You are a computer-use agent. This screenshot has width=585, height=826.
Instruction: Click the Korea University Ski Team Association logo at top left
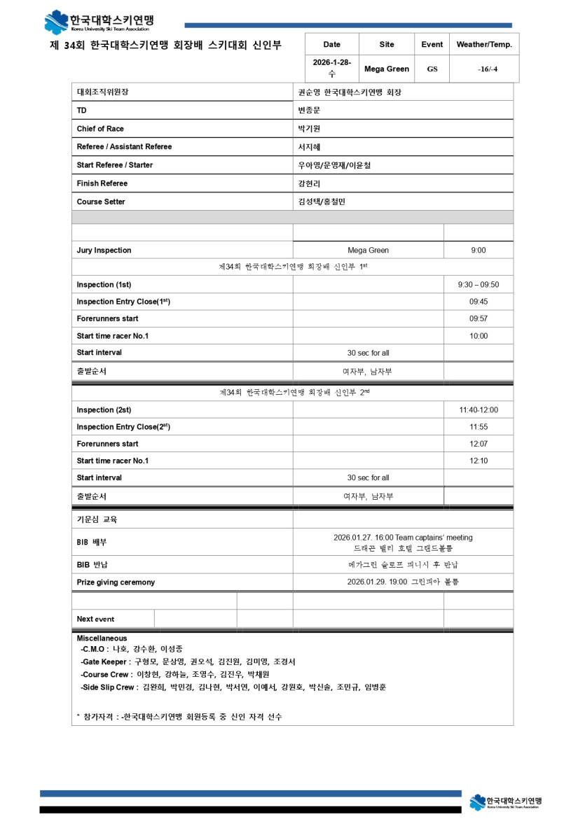click(99, 22)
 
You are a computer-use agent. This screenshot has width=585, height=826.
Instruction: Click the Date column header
click(332, 44)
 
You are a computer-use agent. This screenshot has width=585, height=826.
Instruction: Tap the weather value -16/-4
click(483, 69)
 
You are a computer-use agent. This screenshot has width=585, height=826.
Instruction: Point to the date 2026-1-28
click(331, 63)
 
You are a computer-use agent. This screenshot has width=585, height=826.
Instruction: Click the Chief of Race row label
click(100, 129)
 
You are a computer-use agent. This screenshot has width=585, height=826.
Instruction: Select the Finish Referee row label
click(102, 183)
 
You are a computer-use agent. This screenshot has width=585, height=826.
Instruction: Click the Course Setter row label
click(101, 202)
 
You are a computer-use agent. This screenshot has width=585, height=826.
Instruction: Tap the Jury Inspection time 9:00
click(479, 250)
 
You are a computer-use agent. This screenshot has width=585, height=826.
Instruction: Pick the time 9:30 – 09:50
click(479, 285)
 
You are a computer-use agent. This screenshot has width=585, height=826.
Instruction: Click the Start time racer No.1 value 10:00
click(479, 336)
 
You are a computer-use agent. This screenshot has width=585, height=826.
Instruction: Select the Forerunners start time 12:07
click(479, 444)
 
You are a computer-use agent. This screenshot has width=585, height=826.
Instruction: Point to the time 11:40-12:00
click(479, 410)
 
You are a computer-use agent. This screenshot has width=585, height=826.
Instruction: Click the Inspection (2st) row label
click(104, 410)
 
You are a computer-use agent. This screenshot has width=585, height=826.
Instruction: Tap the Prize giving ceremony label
click(116, 582)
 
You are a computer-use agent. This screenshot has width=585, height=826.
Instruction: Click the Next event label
click(95, 619)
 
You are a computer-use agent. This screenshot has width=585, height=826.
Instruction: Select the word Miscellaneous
click(102, 638)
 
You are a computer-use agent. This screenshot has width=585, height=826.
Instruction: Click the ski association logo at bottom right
click(505, 802)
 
